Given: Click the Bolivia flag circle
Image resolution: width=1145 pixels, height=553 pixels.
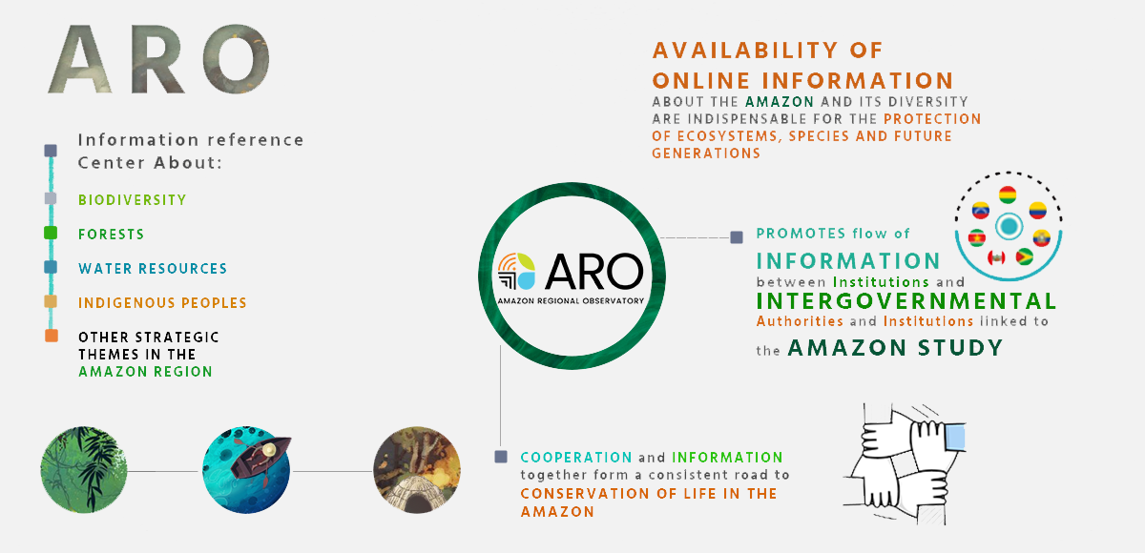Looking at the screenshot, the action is (x=1008, y=195).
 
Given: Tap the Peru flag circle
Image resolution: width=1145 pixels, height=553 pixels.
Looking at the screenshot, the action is (x=996, y=256).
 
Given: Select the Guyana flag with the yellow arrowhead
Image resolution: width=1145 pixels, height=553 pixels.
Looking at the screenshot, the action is (x=1024, y=256).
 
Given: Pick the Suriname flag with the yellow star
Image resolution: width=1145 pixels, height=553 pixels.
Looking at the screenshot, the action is (x=977, y=238).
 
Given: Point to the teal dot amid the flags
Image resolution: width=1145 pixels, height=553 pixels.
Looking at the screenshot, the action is (x=1009, y=226).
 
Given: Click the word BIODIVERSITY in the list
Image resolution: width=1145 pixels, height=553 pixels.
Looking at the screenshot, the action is (x=133, y=199).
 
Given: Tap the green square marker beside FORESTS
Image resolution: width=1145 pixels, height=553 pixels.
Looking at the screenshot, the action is (x=51, y=233).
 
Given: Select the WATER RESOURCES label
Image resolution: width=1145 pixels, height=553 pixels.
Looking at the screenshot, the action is (x=153, y=269).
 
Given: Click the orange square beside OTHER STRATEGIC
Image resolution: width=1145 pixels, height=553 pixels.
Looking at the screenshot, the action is (x=52, y=336).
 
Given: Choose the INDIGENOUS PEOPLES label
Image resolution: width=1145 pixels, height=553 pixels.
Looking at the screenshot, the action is (x=162, y=303).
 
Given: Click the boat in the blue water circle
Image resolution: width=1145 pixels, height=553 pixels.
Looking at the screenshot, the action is (x=260, y=457).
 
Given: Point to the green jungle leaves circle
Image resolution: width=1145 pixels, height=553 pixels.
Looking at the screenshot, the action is (x=84, y=470).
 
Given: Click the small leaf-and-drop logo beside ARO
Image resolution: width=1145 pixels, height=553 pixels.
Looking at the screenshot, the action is (x=517, y=271).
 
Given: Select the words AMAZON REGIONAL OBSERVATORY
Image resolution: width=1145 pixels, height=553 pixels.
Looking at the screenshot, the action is (x=571, y=300).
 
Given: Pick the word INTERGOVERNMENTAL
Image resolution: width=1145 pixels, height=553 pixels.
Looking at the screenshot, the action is (x=906, y=301).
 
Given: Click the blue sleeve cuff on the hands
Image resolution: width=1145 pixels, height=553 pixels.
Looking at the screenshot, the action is (x=955, y=439).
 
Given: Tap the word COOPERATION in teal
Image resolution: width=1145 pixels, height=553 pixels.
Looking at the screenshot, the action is (x=576, y=457).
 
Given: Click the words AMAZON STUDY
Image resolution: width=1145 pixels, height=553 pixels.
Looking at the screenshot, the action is (x=895, y=348).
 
